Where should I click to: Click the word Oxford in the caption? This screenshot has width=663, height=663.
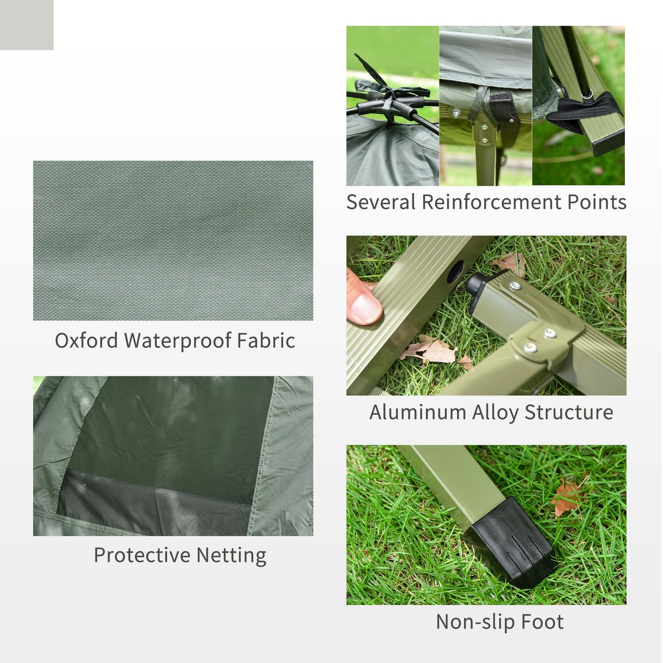tap(86, 341)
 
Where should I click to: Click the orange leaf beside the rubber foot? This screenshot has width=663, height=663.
tap(566, 497)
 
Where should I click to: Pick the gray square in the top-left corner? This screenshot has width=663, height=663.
tap(27, 25)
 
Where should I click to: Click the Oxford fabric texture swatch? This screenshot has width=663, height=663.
tap(173, 240)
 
